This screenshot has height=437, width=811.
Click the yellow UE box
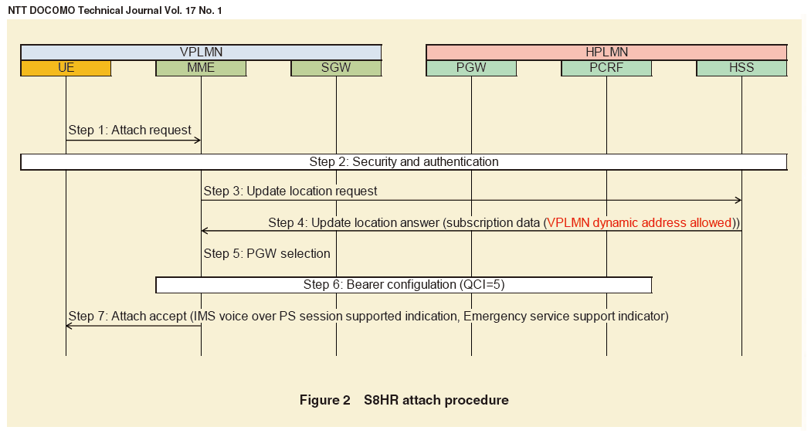point(66,68)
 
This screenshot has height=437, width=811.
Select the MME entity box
point(201,68)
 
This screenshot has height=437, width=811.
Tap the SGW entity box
point(336,68)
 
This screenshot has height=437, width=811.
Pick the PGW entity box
point(471,68)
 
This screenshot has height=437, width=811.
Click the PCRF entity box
point(606,68)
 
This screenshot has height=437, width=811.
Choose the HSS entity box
point(741,68)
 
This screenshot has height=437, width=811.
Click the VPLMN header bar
point(201,53)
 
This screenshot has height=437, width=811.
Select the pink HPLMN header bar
point(606,53)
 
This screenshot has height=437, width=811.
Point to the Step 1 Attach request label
point(130,130)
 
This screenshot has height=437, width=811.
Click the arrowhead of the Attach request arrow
point(198,140)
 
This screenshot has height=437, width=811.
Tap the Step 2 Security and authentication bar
point(403,161)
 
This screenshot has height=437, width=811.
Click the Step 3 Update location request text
point(290,191)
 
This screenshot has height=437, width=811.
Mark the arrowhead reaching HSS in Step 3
point(738,201)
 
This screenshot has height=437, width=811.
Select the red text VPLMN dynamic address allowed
point(639,222)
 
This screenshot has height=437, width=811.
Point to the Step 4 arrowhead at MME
point(205,231)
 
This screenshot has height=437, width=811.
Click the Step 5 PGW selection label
point(266,253)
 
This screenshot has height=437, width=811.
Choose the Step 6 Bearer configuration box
point(403,285)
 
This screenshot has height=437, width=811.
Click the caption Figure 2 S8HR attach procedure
point(404,400)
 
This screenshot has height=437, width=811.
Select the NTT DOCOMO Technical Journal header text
point(114,10)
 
